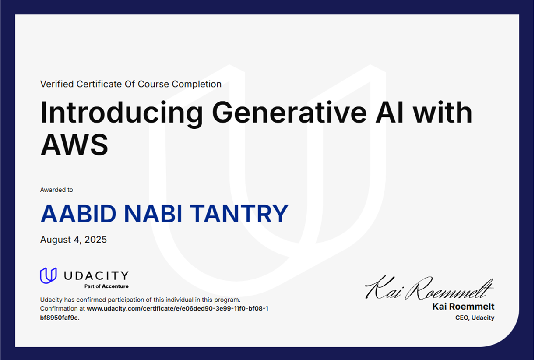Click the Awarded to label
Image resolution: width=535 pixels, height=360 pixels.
(x=56, y=190)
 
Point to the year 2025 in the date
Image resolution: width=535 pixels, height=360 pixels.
(x=96, y=240)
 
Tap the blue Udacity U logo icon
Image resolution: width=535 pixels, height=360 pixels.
(x=48, y=275)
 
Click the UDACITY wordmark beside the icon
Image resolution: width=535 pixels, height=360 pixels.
(x=96, y=275)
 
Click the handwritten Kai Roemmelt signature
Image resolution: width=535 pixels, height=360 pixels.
(x=429, y=288)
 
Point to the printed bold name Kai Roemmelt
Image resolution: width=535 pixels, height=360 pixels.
(x=463, y=307)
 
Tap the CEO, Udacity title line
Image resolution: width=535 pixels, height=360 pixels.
(x=475, y=318)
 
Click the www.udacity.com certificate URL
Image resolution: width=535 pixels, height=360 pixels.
(x=177, y=308)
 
